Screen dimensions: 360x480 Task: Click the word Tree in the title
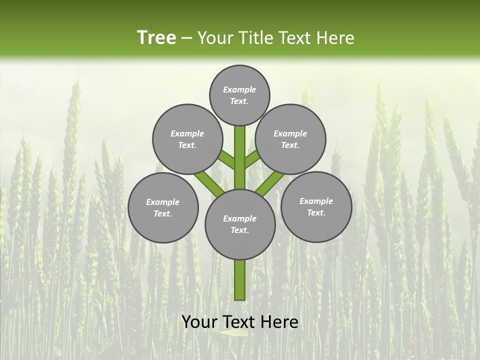156,38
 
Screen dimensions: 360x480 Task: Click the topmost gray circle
239,95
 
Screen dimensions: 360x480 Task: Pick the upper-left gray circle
187,139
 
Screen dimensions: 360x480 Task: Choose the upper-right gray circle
290,139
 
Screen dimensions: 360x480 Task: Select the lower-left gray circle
163,207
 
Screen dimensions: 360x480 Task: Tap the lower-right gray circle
316,206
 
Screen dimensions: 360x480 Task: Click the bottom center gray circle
240,224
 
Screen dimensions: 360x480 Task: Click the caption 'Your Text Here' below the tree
240,322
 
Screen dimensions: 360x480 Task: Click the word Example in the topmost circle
239,89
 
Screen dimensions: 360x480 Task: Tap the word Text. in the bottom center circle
239,230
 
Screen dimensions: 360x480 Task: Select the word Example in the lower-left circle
162,202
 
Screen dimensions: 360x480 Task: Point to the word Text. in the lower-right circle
316,212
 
